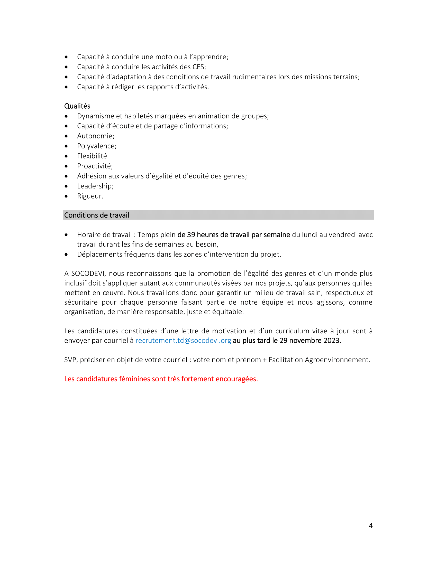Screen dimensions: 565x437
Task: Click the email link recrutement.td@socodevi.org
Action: click(x=183, y=341)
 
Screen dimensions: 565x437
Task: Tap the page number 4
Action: click(x=370, y=526)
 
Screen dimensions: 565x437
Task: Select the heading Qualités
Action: click(x=77, y=106)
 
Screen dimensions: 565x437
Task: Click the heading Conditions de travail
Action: click(x=97, y=215)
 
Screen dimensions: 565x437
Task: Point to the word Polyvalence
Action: click(x=96, y=146)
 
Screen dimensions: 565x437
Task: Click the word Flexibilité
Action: click(x=92, y=156)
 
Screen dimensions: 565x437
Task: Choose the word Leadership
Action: click(x=95, y=186)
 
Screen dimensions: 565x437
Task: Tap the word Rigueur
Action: click(x=89, y=196)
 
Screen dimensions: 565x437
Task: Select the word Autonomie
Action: click(x=95, y=136)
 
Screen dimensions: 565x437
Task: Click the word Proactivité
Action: click(x=94, y=166)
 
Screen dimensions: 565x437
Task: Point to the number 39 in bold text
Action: click(x=191, y=235)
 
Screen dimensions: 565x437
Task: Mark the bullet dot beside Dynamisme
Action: click(x=66, y=116)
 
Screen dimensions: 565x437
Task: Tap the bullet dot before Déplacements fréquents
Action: click(x=66, y=255)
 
